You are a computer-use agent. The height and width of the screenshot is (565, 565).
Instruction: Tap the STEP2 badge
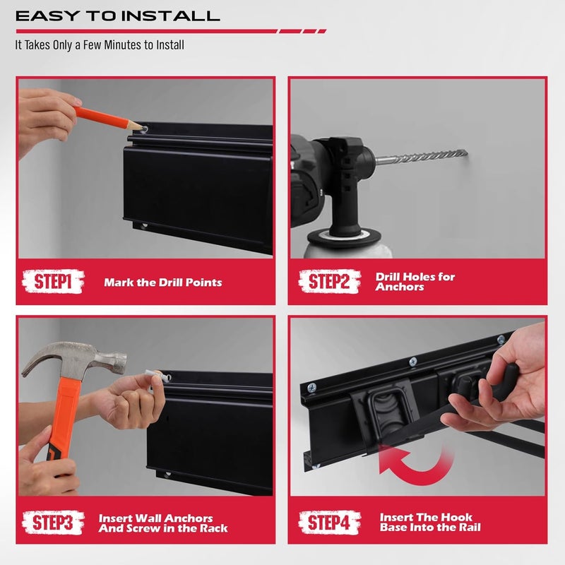coord(329,282)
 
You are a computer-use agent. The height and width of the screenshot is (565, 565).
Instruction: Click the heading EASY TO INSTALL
coord(117,16)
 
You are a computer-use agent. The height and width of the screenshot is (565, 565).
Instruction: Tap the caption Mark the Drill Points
coord(162,282)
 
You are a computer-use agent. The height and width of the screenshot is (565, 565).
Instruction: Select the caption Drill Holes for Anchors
coord(415,282)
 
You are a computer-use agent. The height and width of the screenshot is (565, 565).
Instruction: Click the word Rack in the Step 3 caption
coord(213,528)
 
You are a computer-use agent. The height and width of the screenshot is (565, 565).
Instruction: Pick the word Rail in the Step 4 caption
coord(468,528)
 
